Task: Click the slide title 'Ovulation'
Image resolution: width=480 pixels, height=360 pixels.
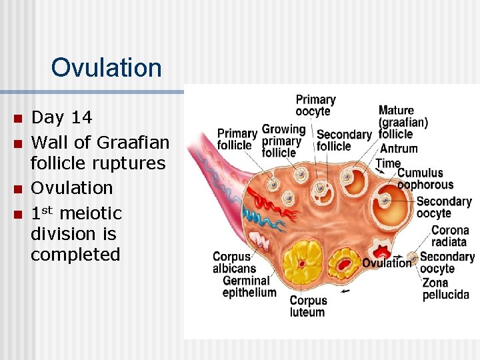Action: pos(106,67)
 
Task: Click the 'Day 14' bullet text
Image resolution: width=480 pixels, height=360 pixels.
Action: pos(62,118)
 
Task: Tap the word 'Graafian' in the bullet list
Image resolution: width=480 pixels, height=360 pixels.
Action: pos(133,142)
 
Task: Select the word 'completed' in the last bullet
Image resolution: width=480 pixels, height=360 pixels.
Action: pos(75,255)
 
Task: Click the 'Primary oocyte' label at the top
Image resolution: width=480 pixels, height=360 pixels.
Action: pos(315,105)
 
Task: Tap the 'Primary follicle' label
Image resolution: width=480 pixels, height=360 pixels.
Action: pos(237,139)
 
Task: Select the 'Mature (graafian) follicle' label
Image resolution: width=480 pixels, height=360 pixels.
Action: pos(403,122)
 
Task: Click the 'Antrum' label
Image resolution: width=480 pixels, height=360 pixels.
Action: pos(398,149)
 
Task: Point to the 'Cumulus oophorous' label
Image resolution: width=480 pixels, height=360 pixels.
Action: pos(425,179)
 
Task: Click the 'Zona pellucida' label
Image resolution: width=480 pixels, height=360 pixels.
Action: pos(445,289)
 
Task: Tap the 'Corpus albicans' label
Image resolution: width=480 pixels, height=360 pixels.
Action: pos(231,263)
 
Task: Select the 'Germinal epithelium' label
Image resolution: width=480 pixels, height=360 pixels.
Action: pos(249,287)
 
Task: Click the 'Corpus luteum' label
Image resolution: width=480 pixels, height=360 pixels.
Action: pos(308,306)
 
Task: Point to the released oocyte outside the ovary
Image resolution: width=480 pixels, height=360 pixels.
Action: pos(412,257)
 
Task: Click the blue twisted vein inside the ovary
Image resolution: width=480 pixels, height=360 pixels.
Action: pos(254,217)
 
